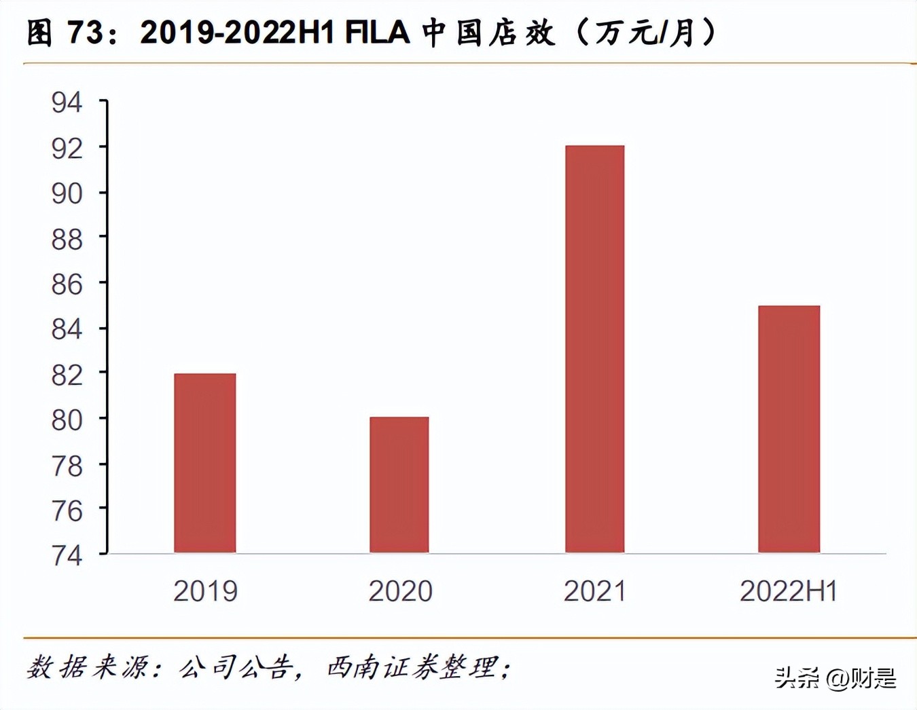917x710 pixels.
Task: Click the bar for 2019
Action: (x=204, y=463)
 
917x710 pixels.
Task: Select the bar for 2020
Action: (x=399, y=485)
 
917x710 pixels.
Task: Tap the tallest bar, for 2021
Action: (x=594, y=349)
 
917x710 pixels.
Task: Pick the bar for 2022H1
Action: (x=789, y=429)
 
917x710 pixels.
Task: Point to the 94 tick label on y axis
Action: (x=67, y=103)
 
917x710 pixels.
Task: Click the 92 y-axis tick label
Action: (x=67, y=149)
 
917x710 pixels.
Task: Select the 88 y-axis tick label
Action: (x=67, y=240)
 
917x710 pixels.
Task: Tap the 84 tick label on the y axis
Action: (x=67, y=330)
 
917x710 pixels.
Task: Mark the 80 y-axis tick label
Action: (x=67, y=421)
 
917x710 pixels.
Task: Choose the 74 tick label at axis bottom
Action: (x=67, y=556)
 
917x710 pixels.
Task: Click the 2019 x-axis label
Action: (x=205, y=591)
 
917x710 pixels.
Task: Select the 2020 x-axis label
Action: (x=400, y=591)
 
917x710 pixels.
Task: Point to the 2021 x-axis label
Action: (x=594, y=591)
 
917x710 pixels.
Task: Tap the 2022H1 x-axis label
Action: (x=788, y=591)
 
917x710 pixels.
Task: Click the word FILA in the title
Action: (x=378, y=33)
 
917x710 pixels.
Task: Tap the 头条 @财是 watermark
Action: (x=835, y=677)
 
